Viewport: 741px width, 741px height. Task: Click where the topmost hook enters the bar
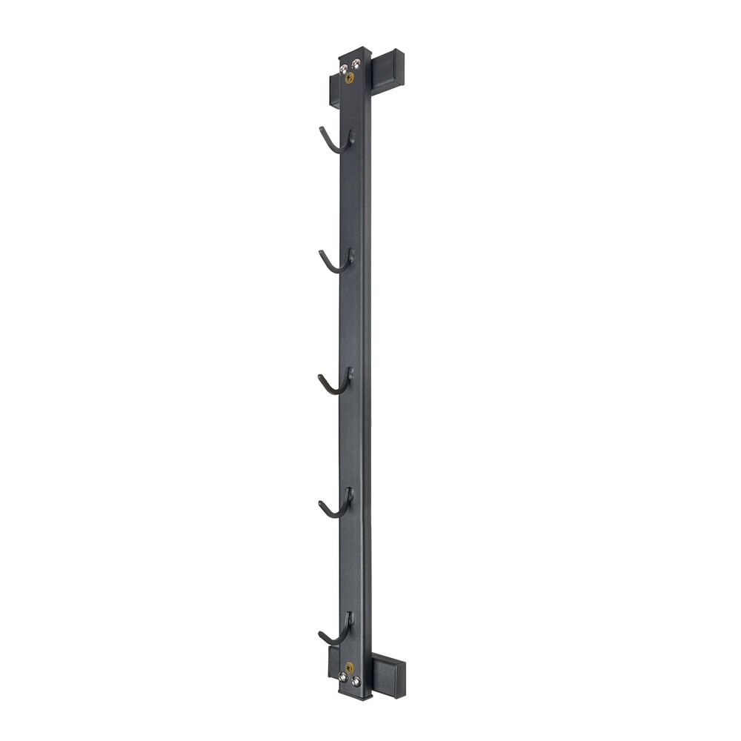point(352,136)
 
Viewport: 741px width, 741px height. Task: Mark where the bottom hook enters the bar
point(349,617)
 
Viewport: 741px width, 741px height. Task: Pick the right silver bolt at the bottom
point(356,679)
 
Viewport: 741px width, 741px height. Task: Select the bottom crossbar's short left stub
point(331,664)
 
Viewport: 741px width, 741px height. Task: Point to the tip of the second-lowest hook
point(321,505)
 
